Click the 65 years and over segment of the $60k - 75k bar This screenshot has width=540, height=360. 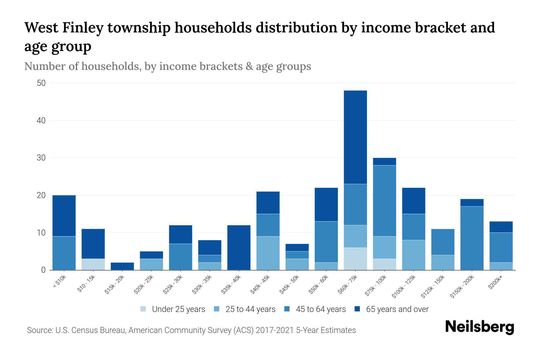coord(355,137)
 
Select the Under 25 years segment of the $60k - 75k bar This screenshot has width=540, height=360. coord(355,259)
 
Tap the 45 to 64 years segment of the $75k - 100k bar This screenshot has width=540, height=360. coord(384,201)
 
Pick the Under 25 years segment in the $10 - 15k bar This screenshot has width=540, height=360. coord(93,264)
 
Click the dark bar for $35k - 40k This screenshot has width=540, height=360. coord(239,247)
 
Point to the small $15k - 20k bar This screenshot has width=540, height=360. coord(122,266)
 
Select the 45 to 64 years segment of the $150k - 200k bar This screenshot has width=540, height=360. coord(472,238)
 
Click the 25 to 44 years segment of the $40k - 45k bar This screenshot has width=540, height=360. coord(268,253)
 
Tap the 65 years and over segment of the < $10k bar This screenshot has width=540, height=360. coord(64,216)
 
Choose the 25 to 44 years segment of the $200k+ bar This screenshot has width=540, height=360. coord(501,266)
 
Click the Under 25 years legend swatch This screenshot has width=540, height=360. coord(143,309)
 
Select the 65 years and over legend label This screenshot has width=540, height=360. coord(397,309)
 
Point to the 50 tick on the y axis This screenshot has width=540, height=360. coord(41,83)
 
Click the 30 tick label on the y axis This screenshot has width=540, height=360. coord(41,158)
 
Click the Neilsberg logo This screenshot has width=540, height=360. coord(479,327)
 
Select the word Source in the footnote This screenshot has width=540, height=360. coord(39,330)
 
